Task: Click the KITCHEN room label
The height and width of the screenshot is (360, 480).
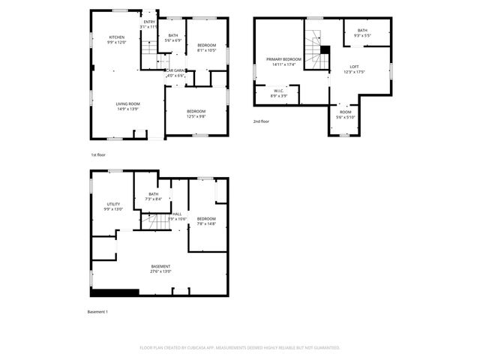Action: click(x=117, y=37)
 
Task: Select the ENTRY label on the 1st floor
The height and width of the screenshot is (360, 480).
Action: click(x=150, y=22)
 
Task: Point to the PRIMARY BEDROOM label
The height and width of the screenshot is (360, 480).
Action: click(x=284, y=58)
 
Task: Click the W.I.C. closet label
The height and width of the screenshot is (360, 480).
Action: click(x=277, y=91)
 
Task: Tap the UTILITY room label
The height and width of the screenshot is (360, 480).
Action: click(x=113, y=203)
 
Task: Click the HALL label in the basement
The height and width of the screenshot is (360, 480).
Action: click(x=177, y=214)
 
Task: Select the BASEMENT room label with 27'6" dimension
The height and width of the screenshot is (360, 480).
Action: click(x=160, y=267)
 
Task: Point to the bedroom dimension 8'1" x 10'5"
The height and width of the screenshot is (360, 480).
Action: click(x=206, y=50)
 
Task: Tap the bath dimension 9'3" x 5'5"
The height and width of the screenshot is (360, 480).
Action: click(x=362, y=34)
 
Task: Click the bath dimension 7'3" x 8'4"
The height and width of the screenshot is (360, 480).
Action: click(x=154, y=199)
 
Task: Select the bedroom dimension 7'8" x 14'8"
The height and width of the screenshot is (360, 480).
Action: click(x=206, y=223)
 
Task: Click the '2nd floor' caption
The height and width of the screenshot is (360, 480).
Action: click(x=261, y=121)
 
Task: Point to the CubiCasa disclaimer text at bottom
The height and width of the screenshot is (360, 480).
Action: click(x=240, y=347)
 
